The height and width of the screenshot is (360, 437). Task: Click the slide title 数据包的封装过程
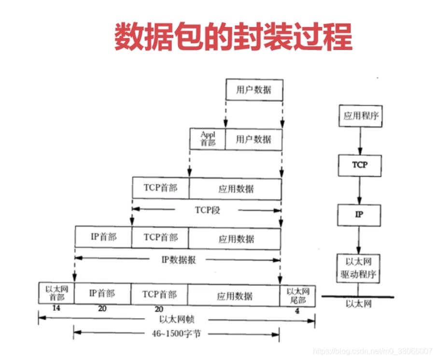[233, 37]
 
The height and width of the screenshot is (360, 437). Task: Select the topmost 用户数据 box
[254, 89]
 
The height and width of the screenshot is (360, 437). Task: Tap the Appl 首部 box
[208, 139]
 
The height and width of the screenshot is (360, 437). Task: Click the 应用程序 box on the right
[359, 116]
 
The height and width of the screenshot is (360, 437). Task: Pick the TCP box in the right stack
[359, 165]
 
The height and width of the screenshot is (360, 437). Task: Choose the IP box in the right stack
[359, 215]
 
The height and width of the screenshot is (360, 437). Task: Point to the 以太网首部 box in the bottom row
[56, 293]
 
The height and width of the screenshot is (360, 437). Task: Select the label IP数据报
[179, 260]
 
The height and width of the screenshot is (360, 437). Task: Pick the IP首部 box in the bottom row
[102, 293]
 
